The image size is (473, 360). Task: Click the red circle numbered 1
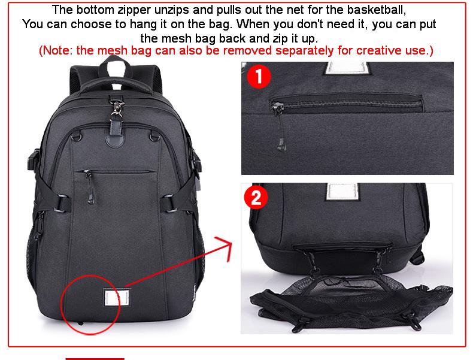tap(259, 76)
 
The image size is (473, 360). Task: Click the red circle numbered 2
tap(256, 197)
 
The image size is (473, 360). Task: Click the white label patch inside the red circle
tap(116, 298)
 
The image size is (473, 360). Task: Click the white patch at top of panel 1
tap(347, 68)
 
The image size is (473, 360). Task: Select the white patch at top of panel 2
tap(343, 192)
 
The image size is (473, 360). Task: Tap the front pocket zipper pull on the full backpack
tap(89, 187)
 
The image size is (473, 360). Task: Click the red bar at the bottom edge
tap(95, 359)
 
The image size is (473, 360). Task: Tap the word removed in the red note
tap(247, 50)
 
